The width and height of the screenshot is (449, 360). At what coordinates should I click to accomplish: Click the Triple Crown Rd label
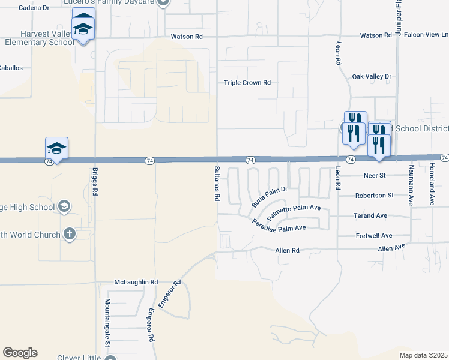(x=247, y=83)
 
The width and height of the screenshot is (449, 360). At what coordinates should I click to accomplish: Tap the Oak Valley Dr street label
(x=372, y=76)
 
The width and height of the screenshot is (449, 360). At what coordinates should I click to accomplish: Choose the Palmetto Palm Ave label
(x=295, y=211)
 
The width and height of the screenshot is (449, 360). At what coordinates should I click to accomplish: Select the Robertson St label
(x=374, y=196)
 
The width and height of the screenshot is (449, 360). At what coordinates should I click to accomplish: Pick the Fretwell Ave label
(x=373, y=236)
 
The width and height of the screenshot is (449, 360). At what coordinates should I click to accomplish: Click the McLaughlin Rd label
(x=136, y=282)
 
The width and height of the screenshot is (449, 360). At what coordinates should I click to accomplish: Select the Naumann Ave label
(x=412, y=185)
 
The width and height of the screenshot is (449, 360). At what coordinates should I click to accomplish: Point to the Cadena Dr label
(x=34, y=8)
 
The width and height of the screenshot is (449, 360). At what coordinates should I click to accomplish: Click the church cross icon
(x=70, y=234)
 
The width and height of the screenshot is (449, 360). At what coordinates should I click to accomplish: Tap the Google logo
(x=20, y=353)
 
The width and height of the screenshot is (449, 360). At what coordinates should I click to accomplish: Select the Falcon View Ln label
(x=426, y=35)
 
